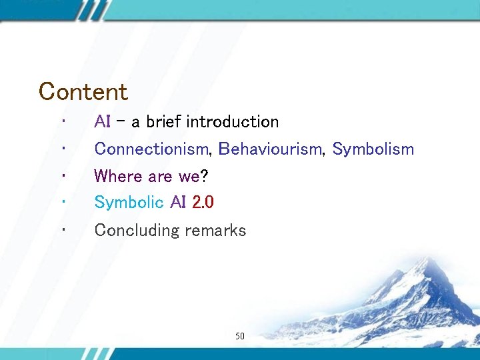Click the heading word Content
(x=83, y=91)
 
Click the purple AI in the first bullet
(x=102, y=122)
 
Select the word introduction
(x=232, y=122)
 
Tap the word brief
(x=164, y=122)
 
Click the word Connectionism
(x=151, y=149)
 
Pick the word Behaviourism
(x=271, y=149)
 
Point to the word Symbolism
(x=373, y=149)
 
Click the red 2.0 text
(x=203, y=202)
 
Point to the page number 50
(x=240, y=337)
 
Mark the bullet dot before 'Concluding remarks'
(x=61, y=230)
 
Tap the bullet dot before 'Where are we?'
(x=61, y=176)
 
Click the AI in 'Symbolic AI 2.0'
(x=177, y=202)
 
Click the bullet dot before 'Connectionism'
(x=61, y=149)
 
